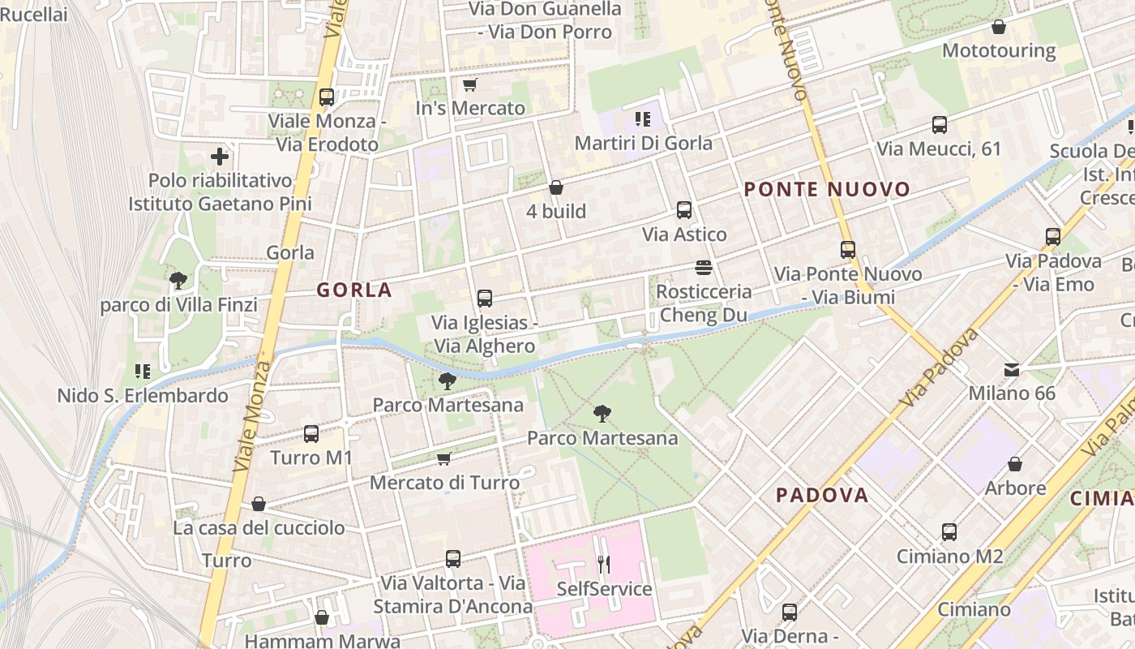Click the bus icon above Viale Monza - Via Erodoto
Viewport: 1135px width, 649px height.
[327, 97]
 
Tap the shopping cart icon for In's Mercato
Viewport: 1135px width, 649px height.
[469, 84]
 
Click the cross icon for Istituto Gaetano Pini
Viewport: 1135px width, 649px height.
[219, 157]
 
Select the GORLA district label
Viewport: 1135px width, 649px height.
[354, 290]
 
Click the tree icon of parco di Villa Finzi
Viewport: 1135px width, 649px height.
[178, 282]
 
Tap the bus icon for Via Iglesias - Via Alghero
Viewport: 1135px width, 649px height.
[485, 299]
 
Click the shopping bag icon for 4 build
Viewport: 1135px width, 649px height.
[556, 187]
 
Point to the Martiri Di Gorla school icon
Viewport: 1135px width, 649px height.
[643, 120]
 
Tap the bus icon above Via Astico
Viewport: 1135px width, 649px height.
[684, 210]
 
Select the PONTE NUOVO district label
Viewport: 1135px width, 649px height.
[827, 190]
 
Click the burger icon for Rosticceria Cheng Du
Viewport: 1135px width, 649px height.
[703, 267]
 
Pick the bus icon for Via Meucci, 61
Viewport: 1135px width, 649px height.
[940, 125]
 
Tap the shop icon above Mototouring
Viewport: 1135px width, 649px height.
[999, 27]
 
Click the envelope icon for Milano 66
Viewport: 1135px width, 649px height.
[1012, 370]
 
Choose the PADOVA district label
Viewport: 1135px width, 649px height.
[822, 495]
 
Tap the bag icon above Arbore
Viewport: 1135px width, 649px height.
[1015, 464]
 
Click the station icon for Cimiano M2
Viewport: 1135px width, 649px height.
[949, 532]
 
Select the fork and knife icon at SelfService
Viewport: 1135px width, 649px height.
[603, 564]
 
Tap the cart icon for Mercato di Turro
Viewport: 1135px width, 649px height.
[444, 459]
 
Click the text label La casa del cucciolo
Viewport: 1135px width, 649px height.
[259, 528]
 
